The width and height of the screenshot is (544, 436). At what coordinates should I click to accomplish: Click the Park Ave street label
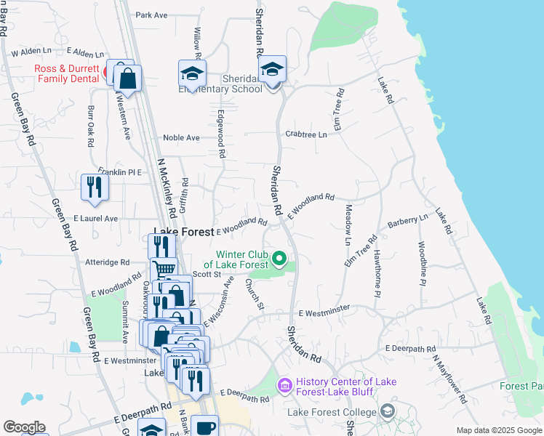[151, 15]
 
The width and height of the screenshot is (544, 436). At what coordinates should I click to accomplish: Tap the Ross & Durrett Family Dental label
[69, 73]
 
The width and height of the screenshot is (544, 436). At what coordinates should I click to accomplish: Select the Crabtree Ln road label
[305, 134]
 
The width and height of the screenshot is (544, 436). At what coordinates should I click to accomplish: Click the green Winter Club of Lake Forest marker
[279, 258]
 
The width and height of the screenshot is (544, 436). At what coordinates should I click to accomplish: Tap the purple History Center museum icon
[284, 384]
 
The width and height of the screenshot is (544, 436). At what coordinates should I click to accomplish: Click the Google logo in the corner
[25, 427]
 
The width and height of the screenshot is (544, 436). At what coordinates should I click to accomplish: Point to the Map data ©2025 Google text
[498, 430]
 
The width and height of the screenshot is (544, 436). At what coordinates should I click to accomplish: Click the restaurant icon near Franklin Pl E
[95, 186]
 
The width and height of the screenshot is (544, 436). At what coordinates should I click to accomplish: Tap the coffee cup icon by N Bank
[204, 427]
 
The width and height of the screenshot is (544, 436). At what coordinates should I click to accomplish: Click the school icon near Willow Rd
[192, 73]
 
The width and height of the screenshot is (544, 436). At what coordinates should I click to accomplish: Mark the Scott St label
[207, 274]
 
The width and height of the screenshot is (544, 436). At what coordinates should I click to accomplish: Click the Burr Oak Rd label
[91, 126]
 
